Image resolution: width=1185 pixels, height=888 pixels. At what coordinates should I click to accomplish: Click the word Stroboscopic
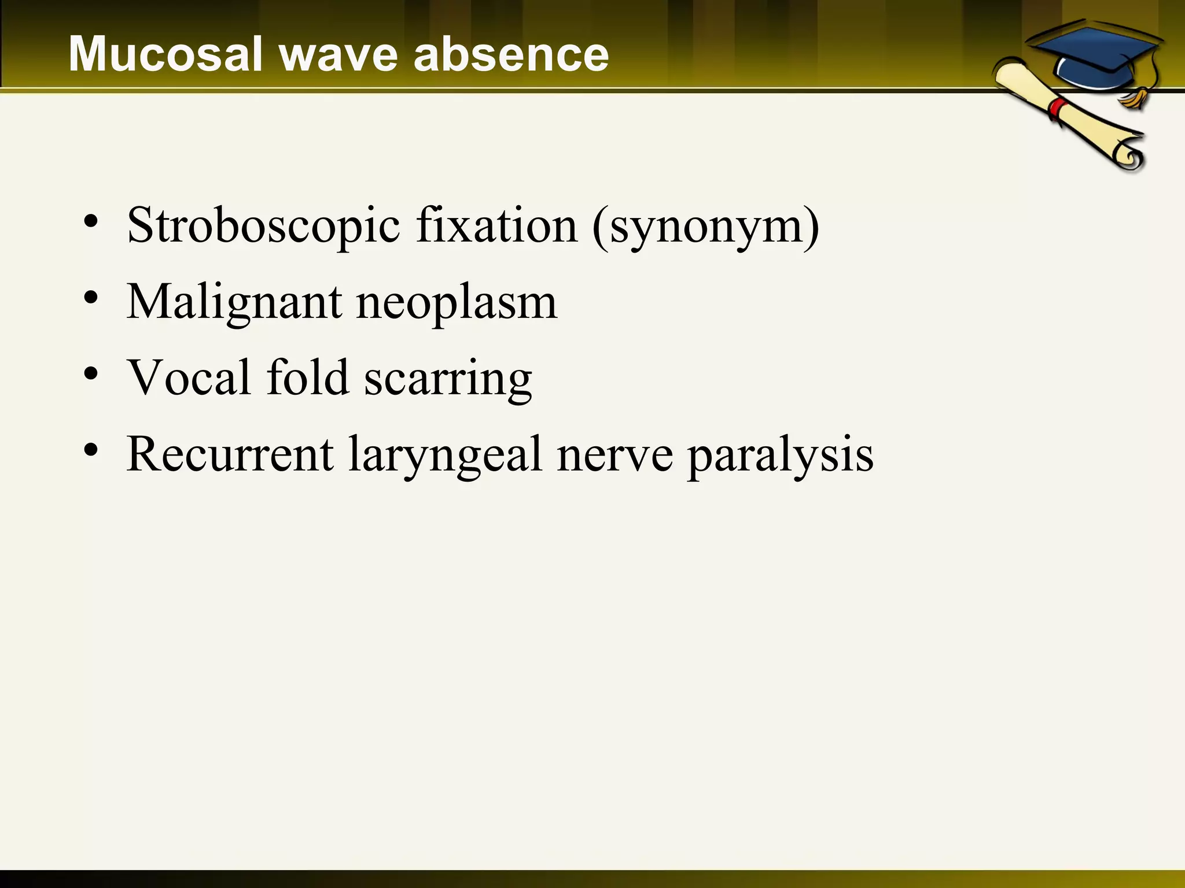[263, 226]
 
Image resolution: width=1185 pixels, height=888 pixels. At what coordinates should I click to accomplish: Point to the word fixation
[496, 225]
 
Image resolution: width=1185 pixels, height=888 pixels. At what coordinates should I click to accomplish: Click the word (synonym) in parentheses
[706, 226]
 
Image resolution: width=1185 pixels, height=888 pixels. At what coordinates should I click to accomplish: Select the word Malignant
[234, 302]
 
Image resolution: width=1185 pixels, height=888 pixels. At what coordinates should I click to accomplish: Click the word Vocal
[189, 377]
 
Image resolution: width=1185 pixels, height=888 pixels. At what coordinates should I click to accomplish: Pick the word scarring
[448, 379]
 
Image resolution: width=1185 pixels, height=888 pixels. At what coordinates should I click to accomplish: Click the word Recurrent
[230, 454]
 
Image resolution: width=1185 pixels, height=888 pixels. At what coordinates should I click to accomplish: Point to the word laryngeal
[445, 456]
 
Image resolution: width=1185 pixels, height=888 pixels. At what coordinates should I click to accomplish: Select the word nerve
[614, 456]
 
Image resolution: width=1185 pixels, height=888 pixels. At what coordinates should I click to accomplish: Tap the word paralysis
[781, 456]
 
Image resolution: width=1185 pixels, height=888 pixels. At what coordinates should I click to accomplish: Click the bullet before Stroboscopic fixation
[91, 221]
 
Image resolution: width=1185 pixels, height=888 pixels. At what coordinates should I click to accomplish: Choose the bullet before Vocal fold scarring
[91, 373]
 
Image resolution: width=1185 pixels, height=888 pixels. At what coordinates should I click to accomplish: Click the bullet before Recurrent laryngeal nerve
[91, 450]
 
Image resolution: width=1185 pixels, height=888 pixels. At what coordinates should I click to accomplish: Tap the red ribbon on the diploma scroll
[1058, 109]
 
